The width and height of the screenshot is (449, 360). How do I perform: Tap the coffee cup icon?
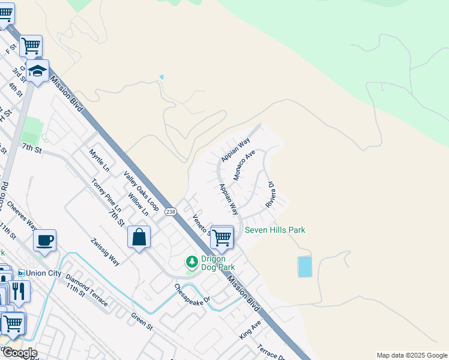[45, 241]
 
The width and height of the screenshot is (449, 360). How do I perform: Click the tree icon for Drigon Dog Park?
[191, 262]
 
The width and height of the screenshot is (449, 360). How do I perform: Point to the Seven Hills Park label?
[274, 230]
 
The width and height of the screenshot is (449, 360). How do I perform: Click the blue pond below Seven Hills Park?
[305, 266]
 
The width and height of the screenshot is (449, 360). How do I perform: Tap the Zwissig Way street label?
[105, 251]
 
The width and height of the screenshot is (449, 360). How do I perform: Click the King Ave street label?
[250, 330]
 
